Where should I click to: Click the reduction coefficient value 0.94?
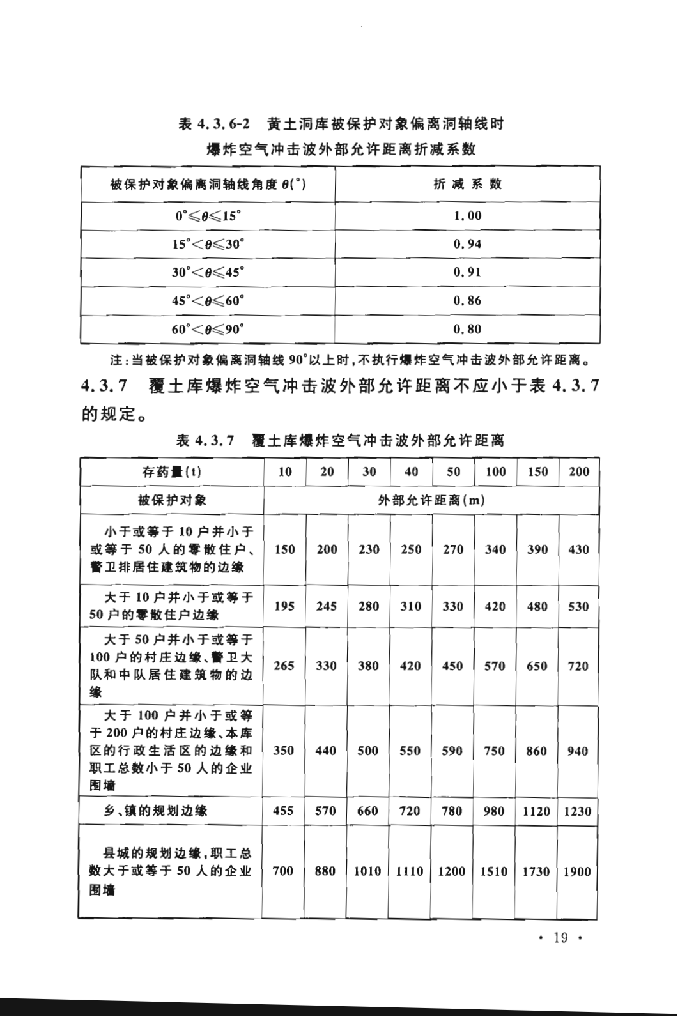click(467, 244)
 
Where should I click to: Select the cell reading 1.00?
click(467, 216)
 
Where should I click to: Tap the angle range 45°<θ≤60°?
click(208, 301)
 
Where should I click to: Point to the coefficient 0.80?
click(467, 330)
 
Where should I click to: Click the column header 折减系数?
click(467, 184)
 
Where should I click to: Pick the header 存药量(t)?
click(171, 472)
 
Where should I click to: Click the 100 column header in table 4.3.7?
click(495, 472)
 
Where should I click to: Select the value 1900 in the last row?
click(576, 871)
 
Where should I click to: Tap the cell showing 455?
click(283, 811)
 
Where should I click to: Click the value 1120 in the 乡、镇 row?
click(536, 811)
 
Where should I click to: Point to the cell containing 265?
click(284, 666)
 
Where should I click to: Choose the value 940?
click(577, 751)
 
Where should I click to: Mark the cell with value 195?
click(284, 606)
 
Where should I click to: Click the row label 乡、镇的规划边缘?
click(156, 811)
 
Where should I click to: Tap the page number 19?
click(561, 938)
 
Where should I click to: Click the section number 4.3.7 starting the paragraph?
click(106, 386)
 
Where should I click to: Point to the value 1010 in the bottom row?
click(367, 871)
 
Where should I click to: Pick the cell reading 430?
click(578, 549)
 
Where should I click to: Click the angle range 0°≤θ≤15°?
click(208, 216)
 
